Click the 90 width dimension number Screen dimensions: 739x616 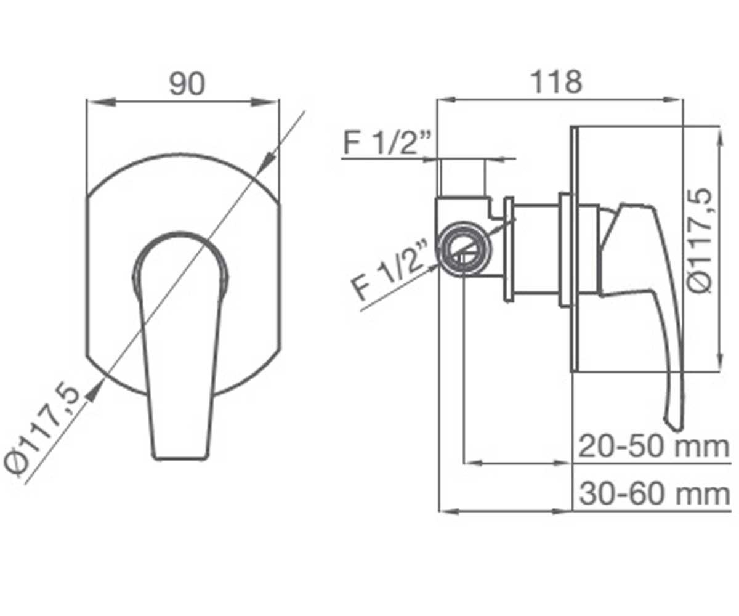[x=187, y=84]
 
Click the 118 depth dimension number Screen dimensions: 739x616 [x=557, y=82]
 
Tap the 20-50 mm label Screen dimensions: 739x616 [x=653, y=447]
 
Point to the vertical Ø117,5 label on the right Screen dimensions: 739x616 [x=698, y=241]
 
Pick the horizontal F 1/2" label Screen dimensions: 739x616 [x=387, y=143]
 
